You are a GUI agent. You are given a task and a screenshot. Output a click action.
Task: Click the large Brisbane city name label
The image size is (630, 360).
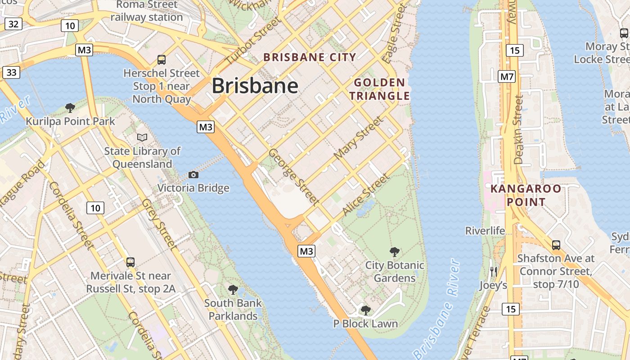pyautogui.click(x=255, y=85)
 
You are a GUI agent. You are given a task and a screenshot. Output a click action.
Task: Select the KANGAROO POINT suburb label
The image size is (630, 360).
pyautogui.click(x=526, y=195)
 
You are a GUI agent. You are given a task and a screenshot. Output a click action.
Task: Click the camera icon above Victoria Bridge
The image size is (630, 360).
pyautogui.click(x=193, y=175)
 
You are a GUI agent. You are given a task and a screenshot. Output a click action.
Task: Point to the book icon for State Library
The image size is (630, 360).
pyautogui.click(x=142, y=137)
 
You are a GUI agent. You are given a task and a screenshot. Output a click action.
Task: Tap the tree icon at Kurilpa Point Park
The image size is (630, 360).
pyautogui.click(x=70, y=108)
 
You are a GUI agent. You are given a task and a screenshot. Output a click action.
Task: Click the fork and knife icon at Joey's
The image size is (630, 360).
pyautogui.click(x=494, y=271)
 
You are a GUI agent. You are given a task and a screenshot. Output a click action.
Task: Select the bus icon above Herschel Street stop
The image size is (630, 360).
pyautogui.click(x=161, y=59)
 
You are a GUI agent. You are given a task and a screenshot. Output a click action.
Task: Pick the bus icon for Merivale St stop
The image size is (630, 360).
pyautogui.click(x=130, y=262)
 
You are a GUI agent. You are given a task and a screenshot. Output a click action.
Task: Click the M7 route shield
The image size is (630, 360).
pyautogui.click(x=507, y=76)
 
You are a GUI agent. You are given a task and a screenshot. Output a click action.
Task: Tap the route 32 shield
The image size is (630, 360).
pyautogui.click(x=13, y=24)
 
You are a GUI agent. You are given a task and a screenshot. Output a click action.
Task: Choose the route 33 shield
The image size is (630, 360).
pyautogui.click(x=11, y=72)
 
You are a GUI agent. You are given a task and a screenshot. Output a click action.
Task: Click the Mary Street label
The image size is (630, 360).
pyautogui.click(x=359, y=138)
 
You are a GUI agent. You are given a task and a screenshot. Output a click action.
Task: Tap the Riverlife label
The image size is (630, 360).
pyautogui.click(x=485, y=231)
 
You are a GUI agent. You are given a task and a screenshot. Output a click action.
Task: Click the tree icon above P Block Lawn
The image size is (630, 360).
pyautogui.click(x=366, y=310)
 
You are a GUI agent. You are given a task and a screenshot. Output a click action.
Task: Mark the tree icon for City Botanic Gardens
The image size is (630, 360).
pyautogui.click(x=395, y=252)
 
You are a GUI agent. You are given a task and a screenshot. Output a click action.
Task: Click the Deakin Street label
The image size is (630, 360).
pyautogui.click(x=519, y=130)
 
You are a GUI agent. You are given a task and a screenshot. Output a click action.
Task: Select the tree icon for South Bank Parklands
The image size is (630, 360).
pyautogui.click(x=233, y=289)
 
